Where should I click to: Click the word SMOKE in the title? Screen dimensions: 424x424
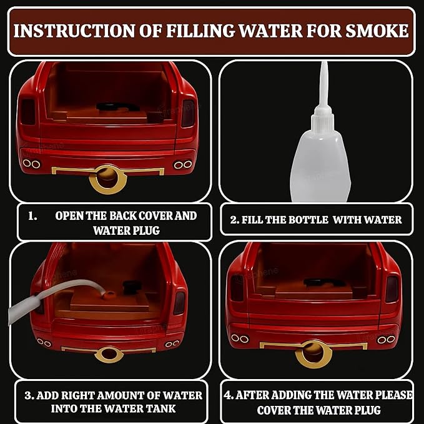[377, 31]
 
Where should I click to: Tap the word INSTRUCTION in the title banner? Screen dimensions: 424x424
[74, 31]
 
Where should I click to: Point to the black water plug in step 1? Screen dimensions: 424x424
[117, 107]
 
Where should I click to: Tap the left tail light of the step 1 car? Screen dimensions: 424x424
[28, 112]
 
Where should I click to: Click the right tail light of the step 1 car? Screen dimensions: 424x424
[188, 114]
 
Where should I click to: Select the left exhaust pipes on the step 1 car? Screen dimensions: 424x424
[32, 164]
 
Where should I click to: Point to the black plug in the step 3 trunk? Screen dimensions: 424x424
[132, 287]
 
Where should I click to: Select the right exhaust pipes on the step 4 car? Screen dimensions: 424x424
[387, 340]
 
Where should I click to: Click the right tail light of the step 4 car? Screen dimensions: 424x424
[392, 289]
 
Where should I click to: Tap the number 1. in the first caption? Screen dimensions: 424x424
[32, 216]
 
